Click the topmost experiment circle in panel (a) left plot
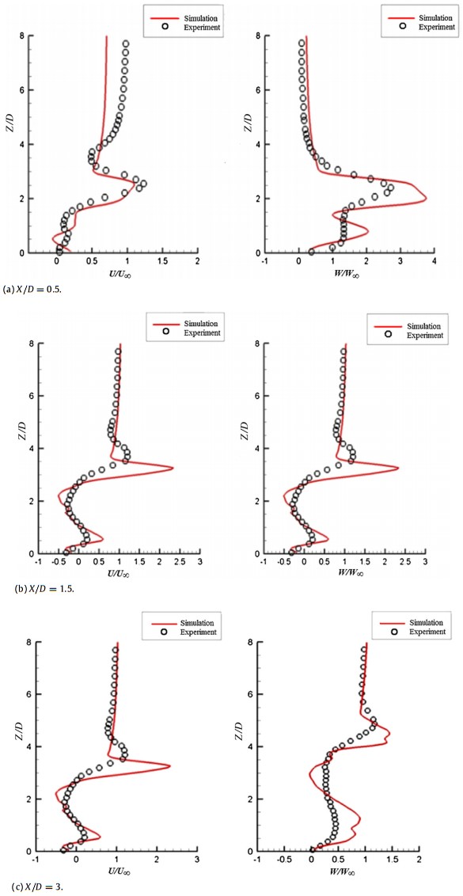tap(125, 44)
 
